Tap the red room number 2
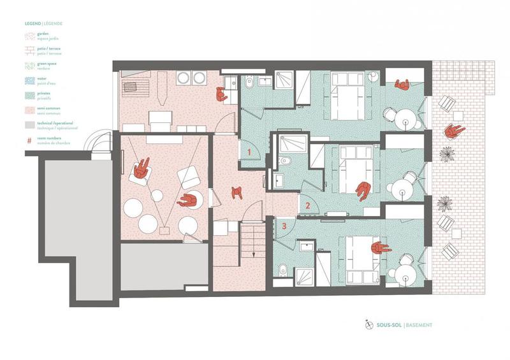coord(307,206)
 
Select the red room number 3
coord(284,224)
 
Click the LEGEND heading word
coord(33,24)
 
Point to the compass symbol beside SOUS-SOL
coord(368,325)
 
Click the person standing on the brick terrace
coord(453,131)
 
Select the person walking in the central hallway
coord(238,191)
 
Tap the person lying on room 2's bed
coord(363,190)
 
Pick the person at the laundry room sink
coord(221,94)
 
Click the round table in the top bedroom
coord(404,119)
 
